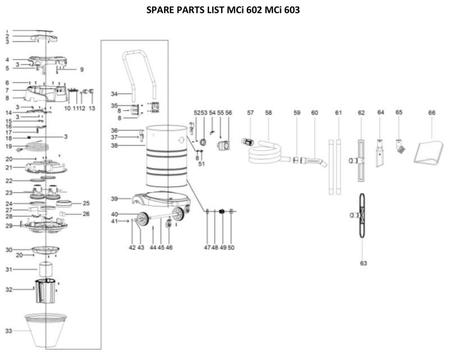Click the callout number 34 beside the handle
tap(114, 94)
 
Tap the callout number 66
tap(432, 113)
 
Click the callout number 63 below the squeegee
tap(363, 263)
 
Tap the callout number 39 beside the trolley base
tap(114, 199)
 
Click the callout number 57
tap(250, 113)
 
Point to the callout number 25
tap(86, 203)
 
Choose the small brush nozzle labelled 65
tap(399, 146)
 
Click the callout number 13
tap(92, 108)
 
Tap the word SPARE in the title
tap(160, 9)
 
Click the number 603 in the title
tap(291, 9)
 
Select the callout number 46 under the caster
tap(169, 247)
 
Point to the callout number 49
tap(223, 247)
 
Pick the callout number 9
tap(82, 69)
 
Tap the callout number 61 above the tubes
tap(338, 113)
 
